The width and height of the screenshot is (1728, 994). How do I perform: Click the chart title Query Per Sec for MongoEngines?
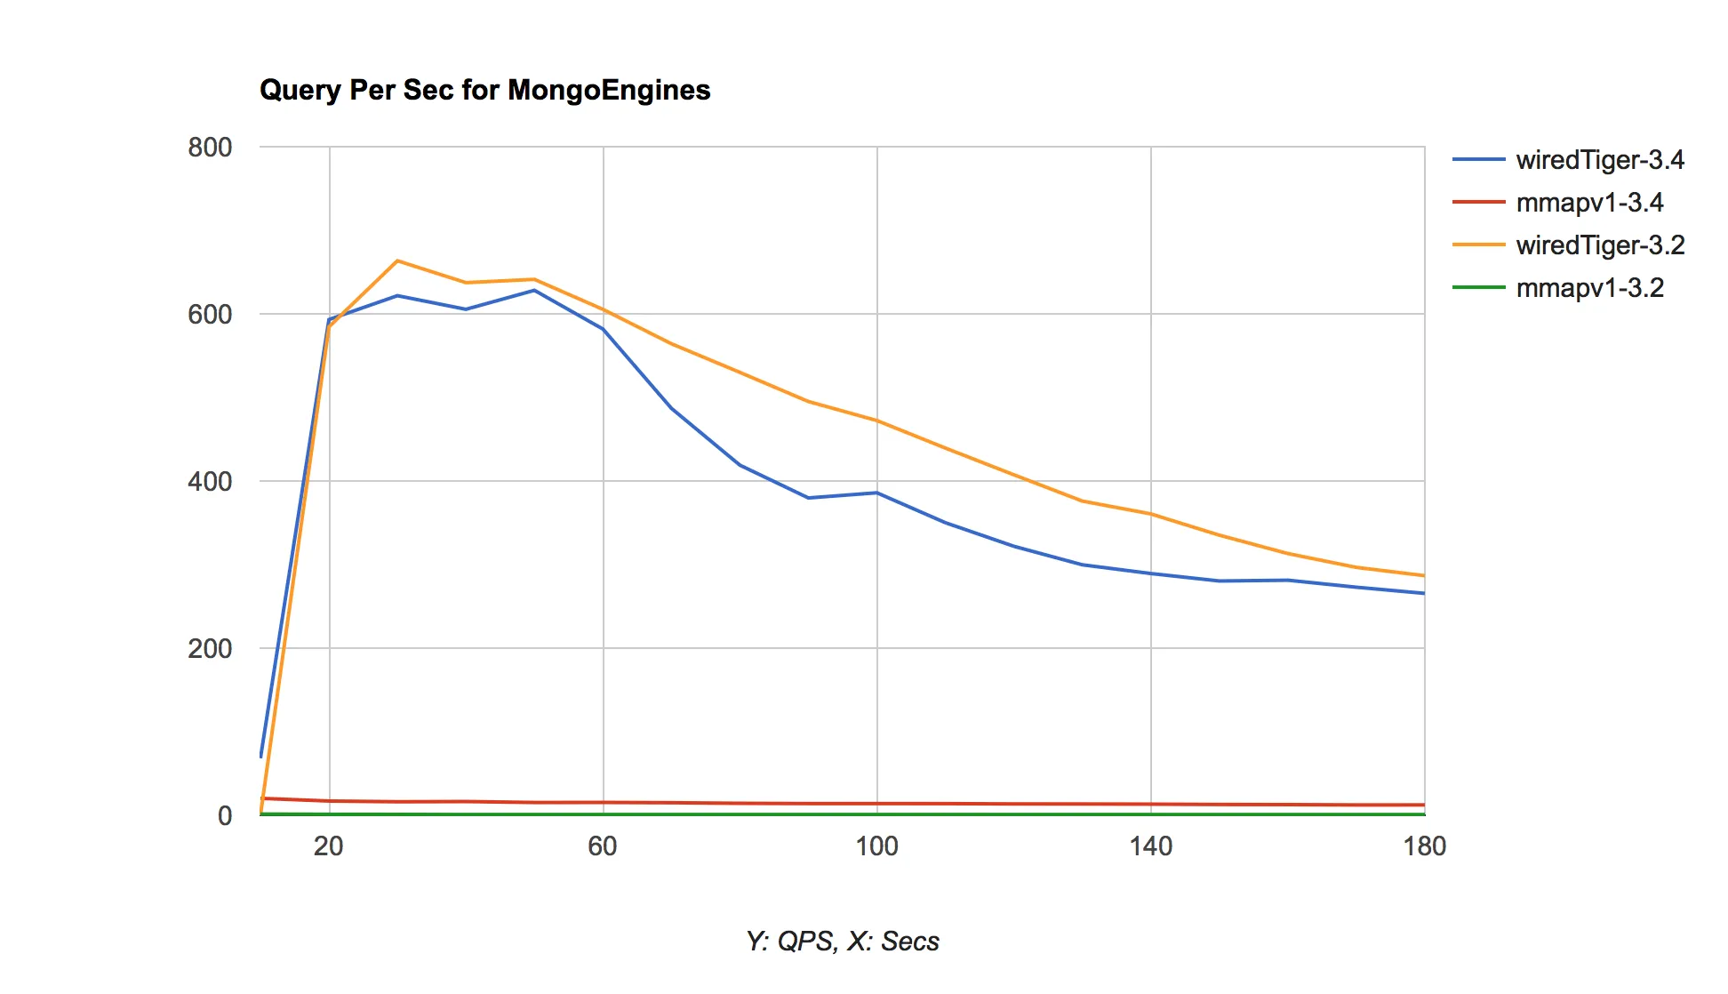(x=484, y=90)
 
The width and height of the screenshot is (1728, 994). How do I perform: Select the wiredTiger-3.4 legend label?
(x=1600, y=160)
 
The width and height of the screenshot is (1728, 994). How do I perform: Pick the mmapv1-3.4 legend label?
(x=1589, y=203)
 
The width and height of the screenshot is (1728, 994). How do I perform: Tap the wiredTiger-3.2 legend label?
(x=1600, y=245)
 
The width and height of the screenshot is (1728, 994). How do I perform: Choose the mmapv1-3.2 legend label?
(x=1589, y=288)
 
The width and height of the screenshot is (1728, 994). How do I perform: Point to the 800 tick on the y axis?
(x=210, y=148)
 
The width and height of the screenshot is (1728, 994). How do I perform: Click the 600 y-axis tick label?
(x=210, y=315)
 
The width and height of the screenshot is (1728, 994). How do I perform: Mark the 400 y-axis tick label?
(x=210, y=482)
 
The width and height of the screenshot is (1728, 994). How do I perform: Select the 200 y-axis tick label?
(x=210, y=649)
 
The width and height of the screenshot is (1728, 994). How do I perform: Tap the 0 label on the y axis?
(x=225, y=816)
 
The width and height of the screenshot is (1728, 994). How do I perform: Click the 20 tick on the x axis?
(x=329, y=846)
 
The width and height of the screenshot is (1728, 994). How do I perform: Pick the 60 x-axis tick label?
(x=603, y=846)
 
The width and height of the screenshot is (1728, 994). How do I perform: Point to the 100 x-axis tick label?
(x=876, y=846)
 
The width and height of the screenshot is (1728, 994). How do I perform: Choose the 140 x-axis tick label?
(x=1151, y=846)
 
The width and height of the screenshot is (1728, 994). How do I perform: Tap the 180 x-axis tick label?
(x=1425, y=846)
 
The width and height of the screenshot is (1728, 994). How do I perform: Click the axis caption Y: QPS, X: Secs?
(x=843, y=942)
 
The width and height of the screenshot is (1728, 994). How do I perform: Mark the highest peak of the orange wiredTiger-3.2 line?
(x=397, y=261)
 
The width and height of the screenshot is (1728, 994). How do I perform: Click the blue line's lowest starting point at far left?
(x=261, y=756)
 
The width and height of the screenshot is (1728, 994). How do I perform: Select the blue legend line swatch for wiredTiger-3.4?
(x=1478, y=160)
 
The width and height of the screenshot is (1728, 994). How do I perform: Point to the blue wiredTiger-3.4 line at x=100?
(x=877, y=493)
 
